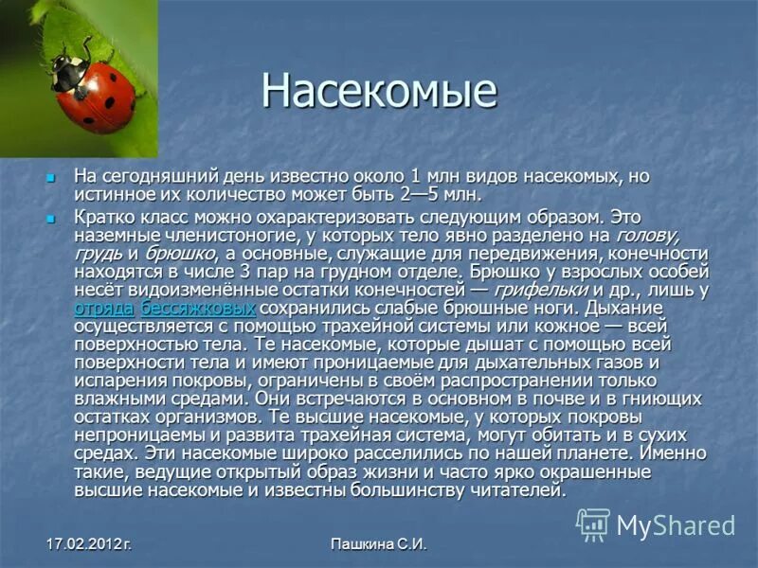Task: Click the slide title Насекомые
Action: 379,91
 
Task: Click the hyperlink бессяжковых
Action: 198,309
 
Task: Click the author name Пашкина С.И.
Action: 380,544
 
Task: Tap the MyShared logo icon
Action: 593,524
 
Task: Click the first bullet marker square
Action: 52,177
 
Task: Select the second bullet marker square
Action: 52,217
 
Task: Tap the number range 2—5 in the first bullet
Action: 425,195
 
